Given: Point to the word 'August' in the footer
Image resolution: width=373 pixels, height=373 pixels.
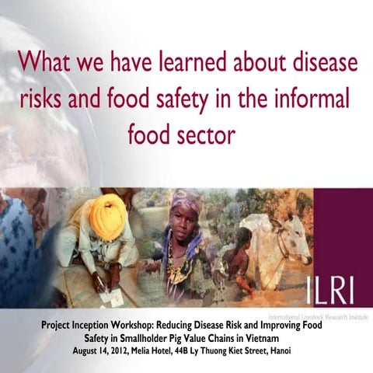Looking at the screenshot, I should coord(85,350).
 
